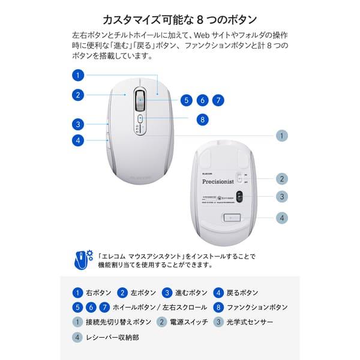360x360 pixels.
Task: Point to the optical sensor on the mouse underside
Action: [238, 196]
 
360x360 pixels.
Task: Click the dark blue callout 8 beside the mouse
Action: [203, 119]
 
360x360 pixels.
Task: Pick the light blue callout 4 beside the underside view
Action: [282, 218]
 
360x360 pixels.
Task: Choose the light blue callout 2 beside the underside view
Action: [282, 178]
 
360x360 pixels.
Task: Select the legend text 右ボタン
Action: [99, 293]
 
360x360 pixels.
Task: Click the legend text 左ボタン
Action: [145, 293]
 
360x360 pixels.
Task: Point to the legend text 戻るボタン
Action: [242, 293]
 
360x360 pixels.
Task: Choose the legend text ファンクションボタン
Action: [259, 307]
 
